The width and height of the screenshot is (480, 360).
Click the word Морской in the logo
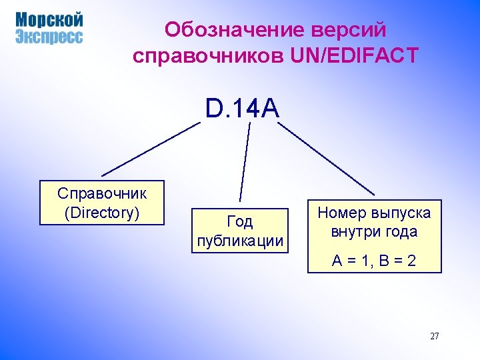[49, 20]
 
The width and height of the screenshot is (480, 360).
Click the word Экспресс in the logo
[49, 37]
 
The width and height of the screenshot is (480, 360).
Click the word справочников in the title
[209, 56]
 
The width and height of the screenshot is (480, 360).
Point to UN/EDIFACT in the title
[355, 56]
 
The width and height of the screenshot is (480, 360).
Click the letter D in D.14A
[214, 108]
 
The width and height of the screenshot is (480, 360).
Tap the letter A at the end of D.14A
[271, 108]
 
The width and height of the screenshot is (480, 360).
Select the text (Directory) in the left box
[102, 213]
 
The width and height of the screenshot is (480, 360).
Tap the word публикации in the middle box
[240, 241]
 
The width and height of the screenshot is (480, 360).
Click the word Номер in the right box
[339, 213]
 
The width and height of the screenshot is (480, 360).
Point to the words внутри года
[374, 232]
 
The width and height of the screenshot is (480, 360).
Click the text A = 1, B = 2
[374, 260]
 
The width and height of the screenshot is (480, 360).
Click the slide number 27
[434, 336]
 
